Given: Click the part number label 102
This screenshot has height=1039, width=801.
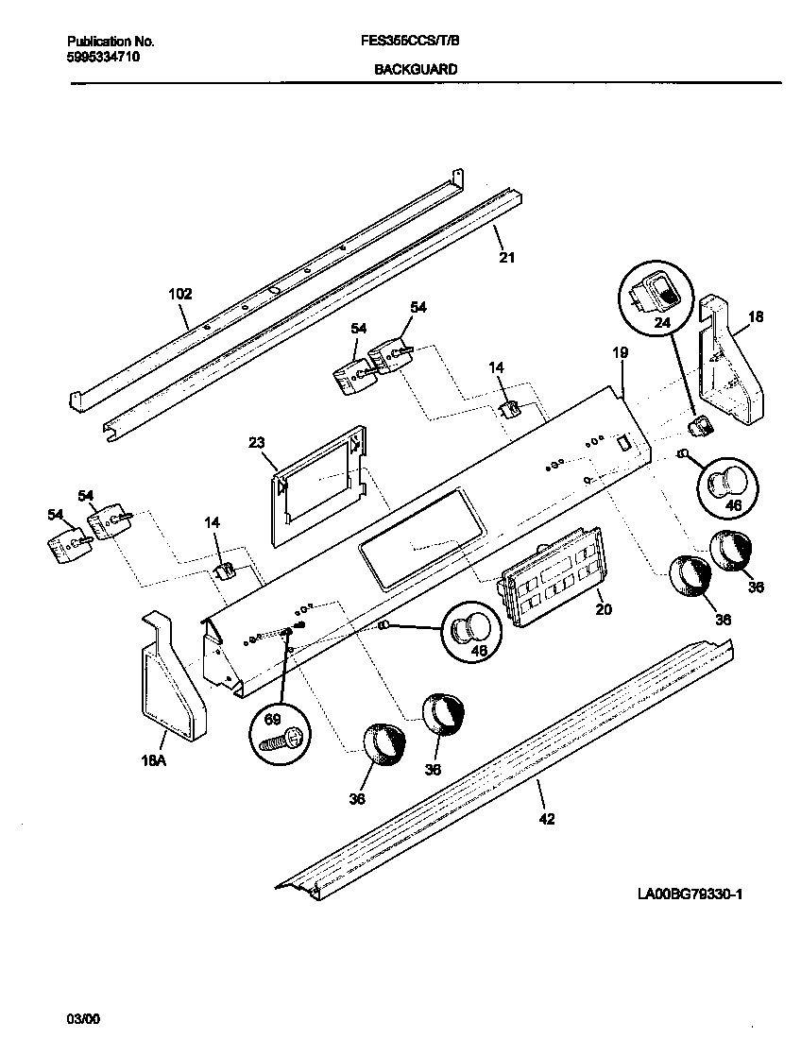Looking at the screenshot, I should tap(179, 294).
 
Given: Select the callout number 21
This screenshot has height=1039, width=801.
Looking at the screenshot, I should tap(507, 257).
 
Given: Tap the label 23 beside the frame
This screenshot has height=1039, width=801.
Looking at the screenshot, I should tap(257, 442).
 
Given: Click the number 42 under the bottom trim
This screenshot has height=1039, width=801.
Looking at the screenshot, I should tap(546, 819).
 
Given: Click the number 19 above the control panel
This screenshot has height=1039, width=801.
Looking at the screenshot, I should tap(620, 352).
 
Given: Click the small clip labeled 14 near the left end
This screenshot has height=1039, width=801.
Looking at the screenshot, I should tap(225, 571).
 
